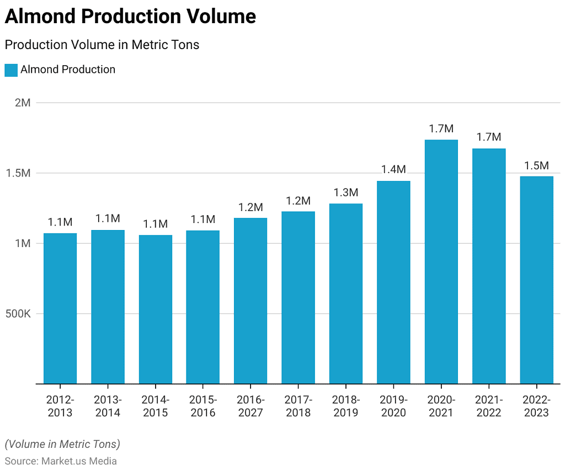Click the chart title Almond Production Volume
pyautogui.click(x=130, y=17)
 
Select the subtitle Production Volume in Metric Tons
pyautogui.click(x=102, y=45)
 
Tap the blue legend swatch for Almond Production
pyautogui.click(x=11, y=70)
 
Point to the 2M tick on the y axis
pyautogui.click(x=23, y=103)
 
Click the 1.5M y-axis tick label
pyautogui.click(x=19, y=173)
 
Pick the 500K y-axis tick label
pyautogui.click(x=18, y=314)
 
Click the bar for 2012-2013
pyautogui.click(x=60, y=308)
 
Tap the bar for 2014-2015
pyautogui.click(x=155, y=309)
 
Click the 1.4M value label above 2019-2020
pyautogui.click(x=393, y=169)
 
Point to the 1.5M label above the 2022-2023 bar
pyautogui.click(x=536, y=165)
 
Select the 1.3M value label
pyautogui.click(x=346, y=192)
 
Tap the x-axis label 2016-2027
pyautogui.click(x=250, y=406)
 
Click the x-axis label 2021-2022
pyautogui.click(x=489, y=406)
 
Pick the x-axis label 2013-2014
pyautogui.click(x=108, y=406)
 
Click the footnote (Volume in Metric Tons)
pyautogui.click(x=62, y=444)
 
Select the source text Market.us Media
pyautogui.click(x=79, y=461)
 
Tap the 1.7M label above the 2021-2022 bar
pyautogui.click(x=489, y=137)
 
